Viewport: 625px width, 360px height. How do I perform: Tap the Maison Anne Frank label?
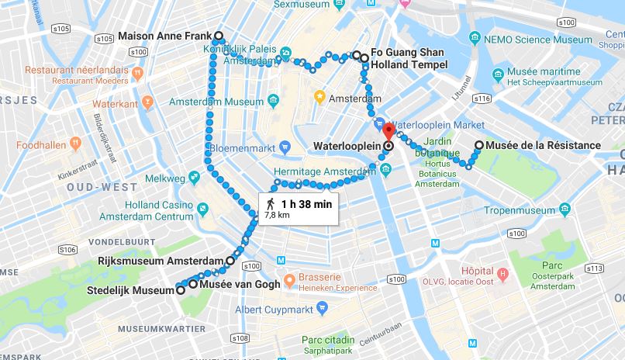coord(164,36)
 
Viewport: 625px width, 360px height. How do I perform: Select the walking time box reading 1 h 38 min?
coord(299,208)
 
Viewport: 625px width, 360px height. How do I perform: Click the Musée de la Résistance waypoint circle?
coord(479,145)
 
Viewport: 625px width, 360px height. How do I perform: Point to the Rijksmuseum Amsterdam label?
coord(161,261)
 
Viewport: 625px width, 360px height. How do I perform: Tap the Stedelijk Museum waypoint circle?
coord(180,290)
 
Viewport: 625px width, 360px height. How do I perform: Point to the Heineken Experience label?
coord(338,287)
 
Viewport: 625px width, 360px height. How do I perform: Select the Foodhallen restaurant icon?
coord(75,144)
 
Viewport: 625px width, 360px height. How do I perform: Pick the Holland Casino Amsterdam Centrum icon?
coord(202,209)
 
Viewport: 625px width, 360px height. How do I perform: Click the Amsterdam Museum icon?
coord(273,101)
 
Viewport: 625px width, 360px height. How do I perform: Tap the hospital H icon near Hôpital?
coord(502,275)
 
